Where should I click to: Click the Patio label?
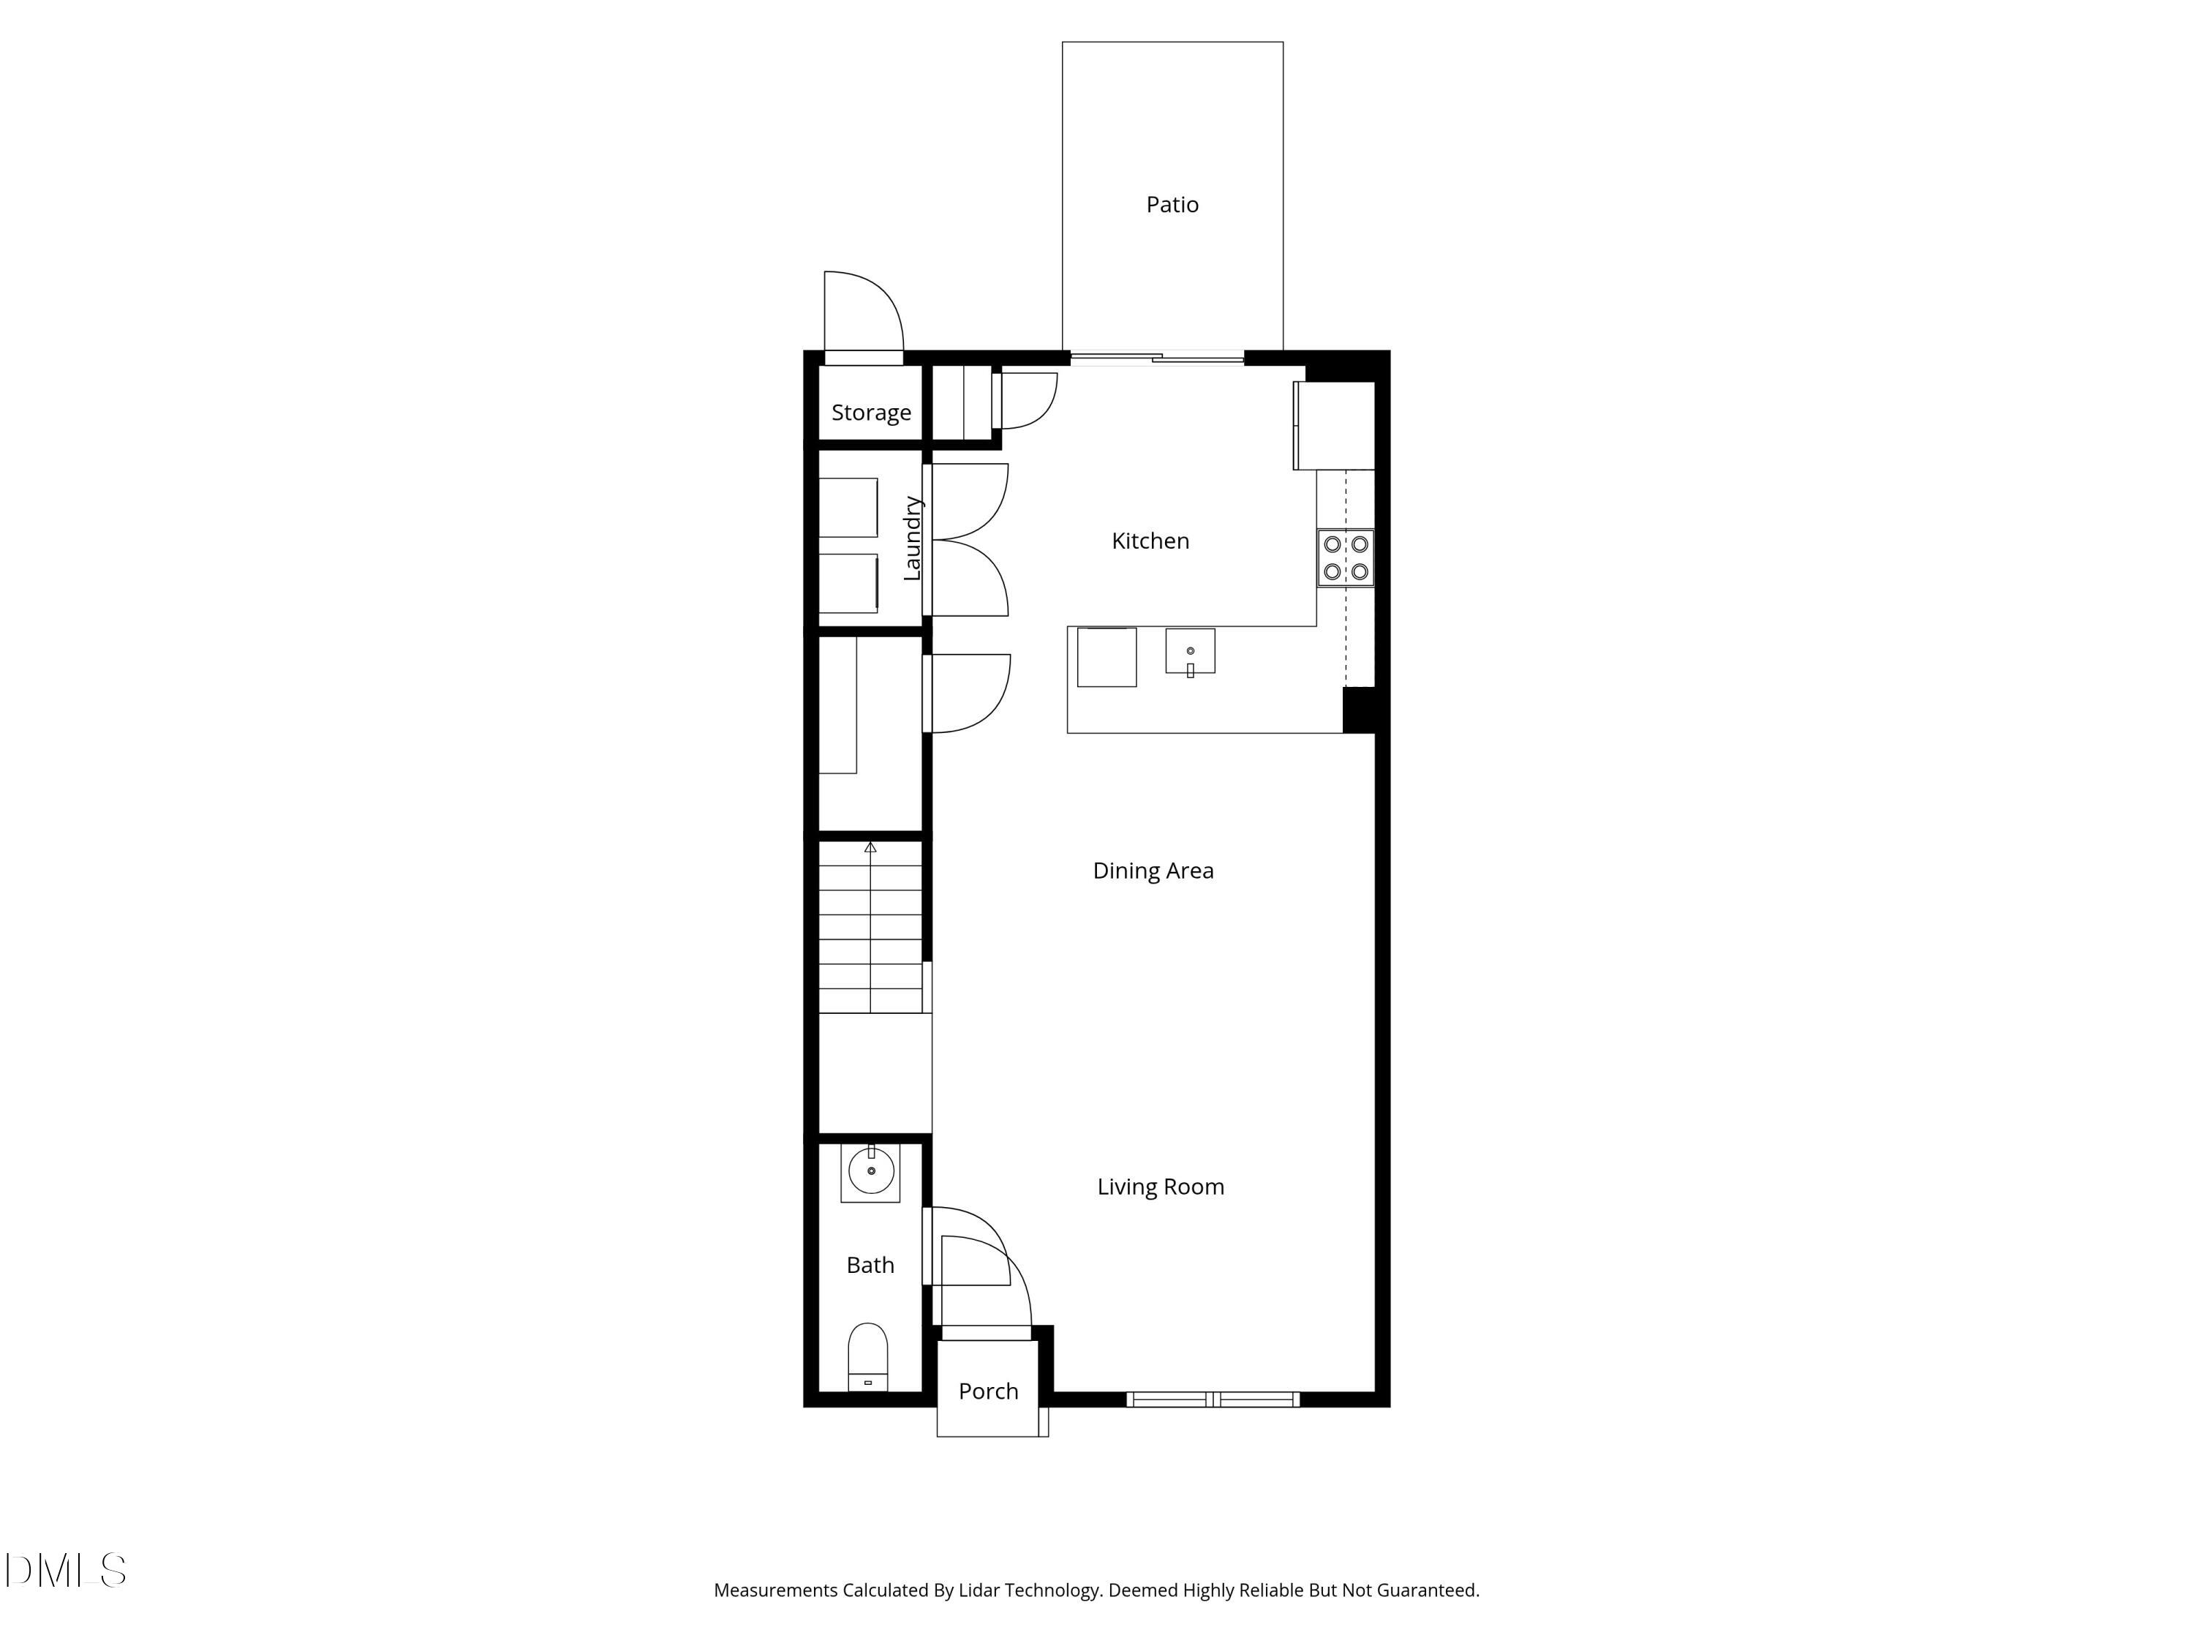tap(1172, 204)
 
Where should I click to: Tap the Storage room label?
tap(871, 413)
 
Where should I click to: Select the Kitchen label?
tap(1150, 541)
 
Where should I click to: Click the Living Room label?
tap(1161, 1187)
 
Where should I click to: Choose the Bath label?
tap(870, 1265)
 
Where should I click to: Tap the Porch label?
tap(988, 1391)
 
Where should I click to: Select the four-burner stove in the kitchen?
tap(1346, 557)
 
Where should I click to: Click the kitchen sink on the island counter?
tap(1190, 651)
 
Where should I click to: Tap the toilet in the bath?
tap(868, 1356)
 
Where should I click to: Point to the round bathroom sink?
tap(871, 1172)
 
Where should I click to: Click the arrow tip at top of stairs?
tap(871, 847)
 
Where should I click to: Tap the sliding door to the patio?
tap(1156, 358)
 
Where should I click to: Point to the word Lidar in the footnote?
tap(979, 1590)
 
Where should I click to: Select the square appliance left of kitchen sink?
tap(1107, 657)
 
